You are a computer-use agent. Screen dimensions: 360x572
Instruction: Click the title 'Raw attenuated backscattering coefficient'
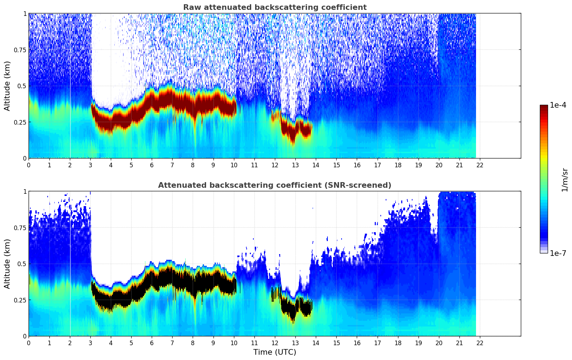[275, 7]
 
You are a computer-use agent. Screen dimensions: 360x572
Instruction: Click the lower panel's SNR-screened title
[275, 185]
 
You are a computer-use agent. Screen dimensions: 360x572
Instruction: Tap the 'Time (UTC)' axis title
[275, 352]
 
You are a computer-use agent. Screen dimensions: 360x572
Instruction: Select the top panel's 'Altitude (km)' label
[7, 86]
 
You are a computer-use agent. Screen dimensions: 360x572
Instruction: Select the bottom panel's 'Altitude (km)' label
[7, 264]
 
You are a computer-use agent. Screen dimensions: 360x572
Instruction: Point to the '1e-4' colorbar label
[558, 106]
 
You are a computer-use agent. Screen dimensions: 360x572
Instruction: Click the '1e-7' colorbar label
[558, 253]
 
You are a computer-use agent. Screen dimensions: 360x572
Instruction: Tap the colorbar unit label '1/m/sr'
[565, 180]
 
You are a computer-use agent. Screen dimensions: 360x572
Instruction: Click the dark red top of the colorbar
[544, 107]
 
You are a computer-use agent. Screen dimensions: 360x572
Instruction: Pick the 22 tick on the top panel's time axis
[480, 165]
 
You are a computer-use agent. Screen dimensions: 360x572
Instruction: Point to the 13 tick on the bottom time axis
[295, 343]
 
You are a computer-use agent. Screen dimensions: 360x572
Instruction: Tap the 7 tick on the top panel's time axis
[172, 165]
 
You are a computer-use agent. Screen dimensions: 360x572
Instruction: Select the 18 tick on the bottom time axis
[398, 343]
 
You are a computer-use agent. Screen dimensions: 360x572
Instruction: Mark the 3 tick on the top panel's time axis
[90, 165]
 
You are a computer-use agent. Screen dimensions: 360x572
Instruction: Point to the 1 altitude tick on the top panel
[25, 13]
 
